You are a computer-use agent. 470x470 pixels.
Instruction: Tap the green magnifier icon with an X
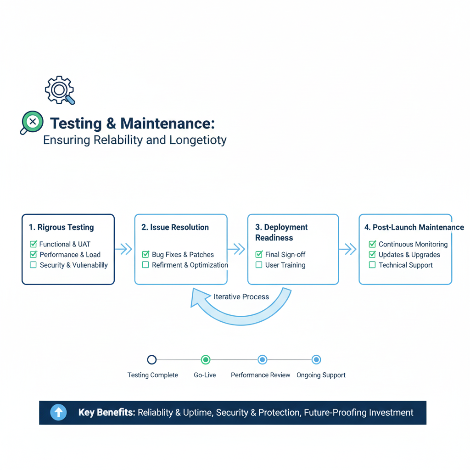[x=32, y=122]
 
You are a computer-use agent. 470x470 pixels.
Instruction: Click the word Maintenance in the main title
[x=167, y=123]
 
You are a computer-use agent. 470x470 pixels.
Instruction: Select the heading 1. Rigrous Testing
[x=61, y=227]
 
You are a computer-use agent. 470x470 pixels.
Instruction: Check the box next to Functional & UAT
[x=33, y=244]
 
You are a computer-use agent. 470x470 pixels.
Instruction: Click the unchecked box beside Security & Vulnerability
[x=33, y=265]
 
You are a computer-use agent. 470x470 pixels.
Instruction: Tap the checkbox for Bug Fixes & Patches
[x=145, y=254]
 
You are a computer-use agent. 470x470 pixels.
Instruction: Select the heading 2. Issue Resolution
[x=175, y=227]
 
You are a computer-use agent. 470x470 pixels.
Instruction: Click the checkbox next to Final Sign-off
[x=259, y=254]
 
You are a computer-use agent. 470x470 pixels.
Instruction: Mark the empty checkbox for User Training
[x=259, y=265]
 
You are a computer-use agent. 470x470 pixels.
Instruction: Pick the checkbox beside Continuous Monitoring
[x=372, y=244]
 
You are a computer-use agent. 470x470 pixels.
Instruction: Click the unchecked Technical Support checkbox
[x=372, y=265]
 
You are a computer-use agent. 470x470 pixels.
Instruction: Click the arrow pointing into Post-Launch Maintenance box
[x=348, y=249]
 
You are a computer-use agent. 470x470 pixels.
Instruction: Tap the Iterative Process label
[x=241, y=297]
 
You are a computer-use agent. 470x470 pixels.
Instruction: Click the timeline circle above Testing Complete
[x=152, y=360]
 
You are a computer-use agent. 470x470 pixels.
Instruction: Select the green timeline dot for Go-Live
[x=206, y=360]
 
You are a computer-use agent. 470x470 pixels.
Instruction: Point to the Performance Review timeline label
[x=260, y=375]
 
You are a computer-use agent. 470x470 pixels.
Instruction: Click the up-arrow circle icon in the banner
[x=58, y=413]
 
